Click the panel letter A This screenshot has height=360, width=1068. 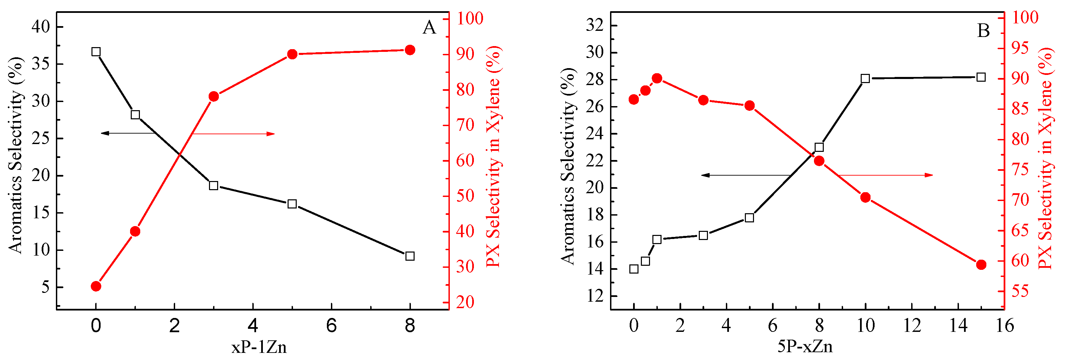[x=430, y=28]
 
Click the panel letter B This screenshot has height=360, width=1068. [x=983, y=30]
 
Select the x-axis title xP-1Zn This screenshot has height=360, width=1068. [x=259, y=347]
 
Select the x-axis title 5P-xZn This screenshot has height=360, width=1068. [x=805, y=346]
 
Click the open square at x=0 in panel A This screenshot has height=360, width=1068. [x=96, y=52]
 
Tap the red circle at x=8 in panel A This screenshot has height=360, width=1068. [x=410, y=50]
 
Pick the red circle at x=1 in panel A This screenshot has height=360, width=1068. [x=135, y=232]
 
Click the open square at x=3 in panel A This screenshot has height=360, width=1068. [x=213, y=185]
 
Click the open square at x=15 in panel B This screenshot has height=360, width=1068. [x=981, y=77]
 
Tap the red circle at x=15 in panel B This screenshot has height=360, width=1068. [x=981, y=265]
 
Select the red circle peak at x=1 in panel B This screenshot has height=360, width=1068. [x=657, y=78]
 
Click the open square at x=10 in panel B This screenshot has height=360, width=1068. [x=865, y=78]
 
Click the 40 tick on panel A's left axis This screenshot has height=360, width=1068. [x=40, y=27]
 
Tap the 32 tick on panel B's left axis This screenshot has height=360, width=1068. [x=594, y=25]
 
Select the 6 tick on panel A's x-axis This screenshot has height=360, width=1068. [x=331, y=326]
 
